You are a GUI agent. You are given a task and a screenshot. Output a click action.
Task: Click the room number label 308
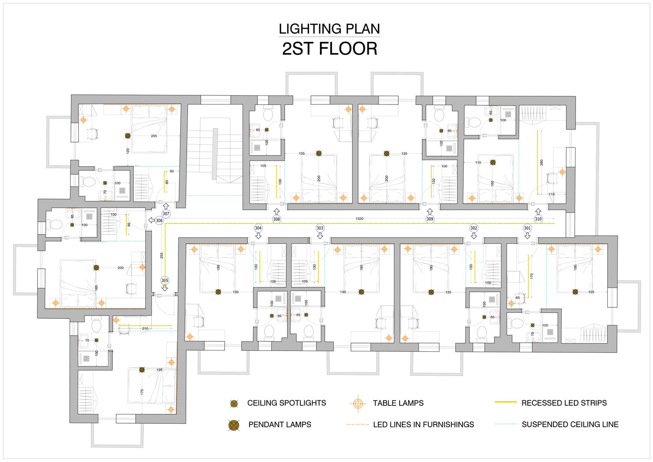tap(276, 219)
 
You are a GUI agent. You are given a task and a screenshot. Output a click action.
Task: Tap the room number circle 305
tap(165, 280)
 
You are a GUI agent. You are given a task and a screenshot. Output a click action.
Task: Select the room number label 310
tap(538, 219)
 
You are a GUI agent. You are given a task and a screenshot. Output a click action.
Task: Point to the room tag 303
tap(320, 228)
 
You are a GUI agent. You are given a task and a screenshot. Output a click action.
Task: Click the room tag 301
tap(527, 228)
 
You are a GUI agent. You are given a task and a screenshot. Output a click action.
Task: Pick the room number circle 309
tap(430, 219)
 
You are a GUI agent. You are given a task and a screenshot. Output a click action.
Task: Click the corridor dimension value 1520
tap(359, 219)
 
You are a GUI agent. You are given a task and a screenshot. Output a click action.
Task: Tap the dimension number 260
tap(542, 162)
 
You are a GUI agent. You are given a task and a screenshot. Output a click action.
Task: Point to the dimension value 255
tap(162, 256)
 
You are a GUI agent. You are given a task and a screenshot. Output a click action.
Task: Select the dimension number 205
tap(154, 136)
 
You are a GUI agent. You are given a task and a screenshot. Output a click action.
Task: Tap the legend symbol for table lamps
tap(357, 403)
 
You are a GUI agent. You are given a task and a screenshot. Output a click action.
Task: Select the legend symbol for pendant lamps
tap(234, 425)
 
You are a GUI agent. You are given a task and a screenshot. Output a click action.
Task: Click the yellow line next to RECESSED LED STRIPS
tap(505, 402)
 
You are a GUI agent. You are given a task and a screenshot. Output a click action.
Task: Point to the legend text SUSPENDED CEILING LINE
tap(570, 425)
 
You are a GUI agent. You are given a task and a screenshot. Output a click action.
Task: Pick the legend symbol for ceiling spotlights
tap(234, 404)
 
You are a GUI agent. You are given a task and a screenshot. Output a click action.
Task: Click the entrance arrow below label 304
tap(258, 236)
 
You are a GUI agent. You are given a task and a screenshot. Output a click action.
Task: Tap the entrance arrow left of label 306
tap(151, 220)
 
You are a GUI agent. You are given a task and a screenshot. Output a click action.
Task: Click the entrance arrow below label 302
tap(474, 236)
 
